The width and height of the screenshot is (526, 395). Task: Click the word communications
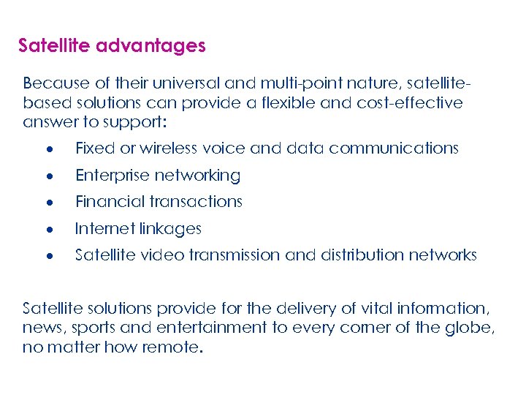tap(394, 148)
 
